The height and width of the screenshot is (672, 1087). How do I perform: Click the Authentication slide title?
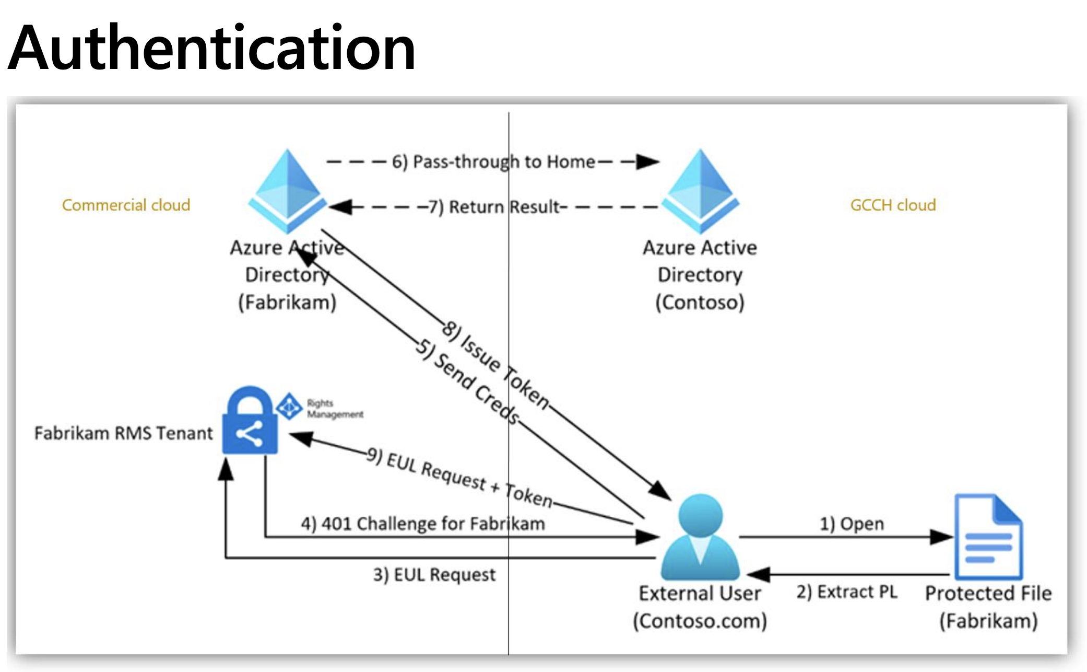coord(211,48)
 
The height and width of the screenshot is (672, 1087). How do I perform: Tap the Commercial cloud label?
coord(126,205)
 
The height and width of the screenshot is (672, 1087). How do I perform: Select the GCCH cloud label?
coord(893,205)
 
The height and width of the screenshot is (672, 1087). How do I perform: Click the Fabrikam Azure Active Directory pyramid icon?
coord(287,191)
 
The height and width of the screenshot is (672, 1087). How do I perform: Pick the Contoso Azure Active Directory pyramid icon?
coord(700,191)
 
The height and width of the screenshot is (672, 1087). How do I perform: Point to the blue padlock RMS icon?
coord(250,421)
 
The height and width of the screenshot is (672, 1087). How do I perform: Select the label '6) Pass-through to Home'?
coord(493,162)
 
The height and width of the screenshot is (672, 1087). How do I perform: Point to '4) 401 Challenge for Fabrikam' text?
coord(423,524)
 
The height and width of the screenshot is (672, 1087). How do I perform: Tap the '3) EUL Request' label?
coord(434,575)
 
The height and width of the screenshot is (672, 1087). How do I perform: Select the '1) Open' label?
coord(852,524)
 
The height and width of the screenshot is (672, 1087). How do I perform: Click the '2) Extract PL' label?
coord(846,592)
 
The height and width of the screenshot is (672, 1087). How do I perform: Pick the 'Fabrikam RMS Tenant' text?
coord(124,433)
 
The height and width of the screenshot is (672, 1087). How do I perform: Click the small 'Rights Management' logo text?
coord(334,409)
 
